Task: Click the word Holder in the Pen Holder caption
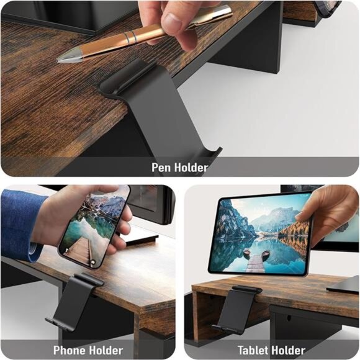[x=190, y=167]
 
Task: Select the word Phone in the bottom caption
[x=70, y=350]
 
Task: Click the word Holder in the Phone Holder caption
[x=106, y=350]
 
